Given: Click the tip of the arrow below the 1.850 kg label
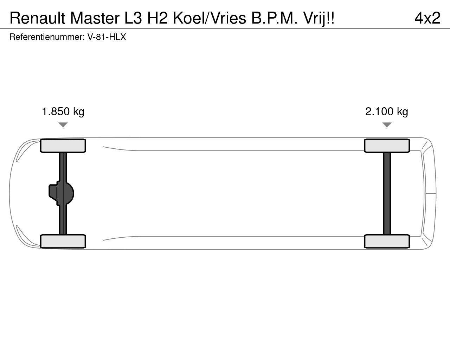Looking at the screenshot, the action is (63, 127).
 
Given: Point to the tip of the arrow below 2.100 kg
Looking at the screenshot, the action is (387, 127).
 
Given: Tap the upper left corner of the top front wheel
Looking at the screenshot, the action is (40, 139).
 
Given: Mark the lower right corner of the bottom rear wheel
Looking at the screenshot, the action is (410, 248).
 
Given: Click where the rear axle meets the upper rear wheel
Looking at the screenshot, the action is (387, 153).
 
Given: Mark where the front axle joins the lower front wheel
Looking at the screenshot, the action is (63, 234).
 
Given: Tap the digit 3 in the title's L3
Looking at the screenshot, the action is (137, 18).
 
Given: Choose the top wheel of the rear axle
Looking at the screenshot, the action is (387, 146).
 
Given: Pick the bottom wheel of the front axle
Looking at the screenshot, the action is (63, 242).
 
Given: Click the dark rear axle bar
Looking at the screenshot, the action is (387, 193).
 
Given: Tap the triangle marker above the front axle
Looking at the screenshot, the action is (63, 125).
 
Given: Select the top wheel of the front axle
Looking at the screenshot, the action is (63, 146).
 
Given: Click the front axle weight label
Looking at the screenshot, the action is (63, 112).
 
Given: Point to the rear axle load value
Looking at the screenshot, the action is (387, 112).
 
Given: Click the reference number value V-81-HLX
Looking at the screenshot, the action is (107, 37).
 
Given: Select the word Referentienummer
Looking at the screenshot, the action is (47, 37).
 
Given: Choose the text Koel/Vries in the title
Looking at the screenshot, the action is (210, 18).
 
